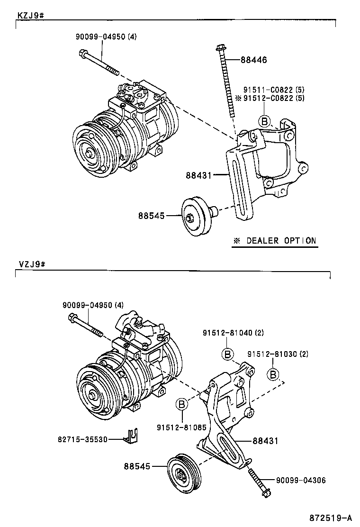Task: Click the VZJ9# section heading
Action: coord(31,264)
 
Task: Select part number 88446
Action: coord(254,60)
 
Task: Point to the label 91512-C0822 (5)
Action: coord(274,98)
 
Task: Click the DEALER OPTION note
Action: coord(274,241)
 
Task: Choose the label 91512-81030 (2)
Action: coord(278,354)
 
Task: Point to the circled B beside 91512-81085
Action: coord(182,404)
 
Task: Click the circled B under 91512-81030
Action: coord(273,374)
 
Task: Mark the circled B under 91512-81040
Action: coord(227,354)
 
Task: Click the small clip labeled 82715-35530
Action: coord(132,436)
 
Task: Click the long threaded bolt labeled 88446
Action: coord(226,81)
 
